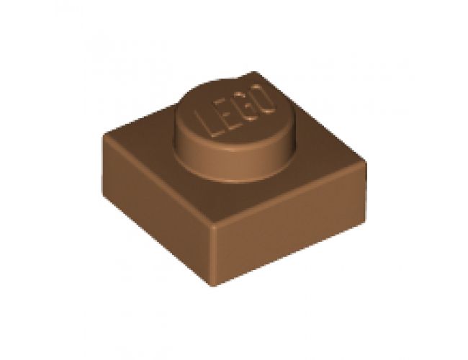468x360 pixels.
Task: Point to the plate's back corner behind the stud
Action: tap(251, 72)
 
